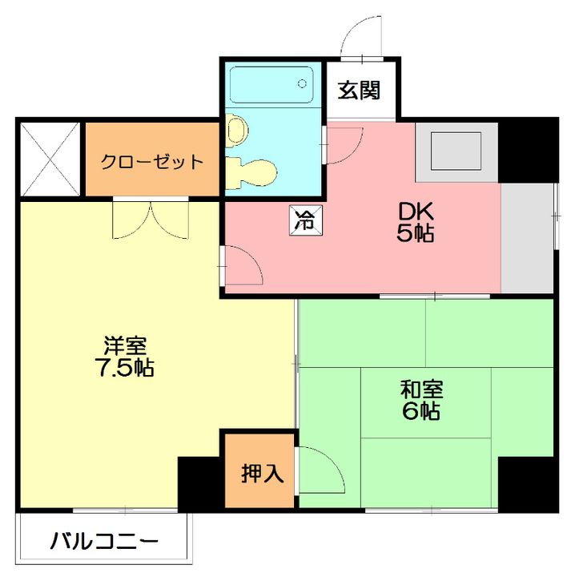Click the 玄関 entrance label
coord(357,90)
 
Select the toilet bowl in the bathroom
coord(236,129)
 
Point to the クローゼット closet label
coord(151,161)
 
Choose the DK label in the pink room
coord(416,212)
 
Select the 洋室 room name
coord(125,346)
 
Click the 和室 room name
coord(422,390)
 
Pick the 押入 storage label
coord(263,473)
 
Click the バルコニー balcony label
coord(104,542)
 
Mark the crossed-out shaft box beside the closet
coord(50,159)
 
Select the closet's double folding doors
coord(151,218)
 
